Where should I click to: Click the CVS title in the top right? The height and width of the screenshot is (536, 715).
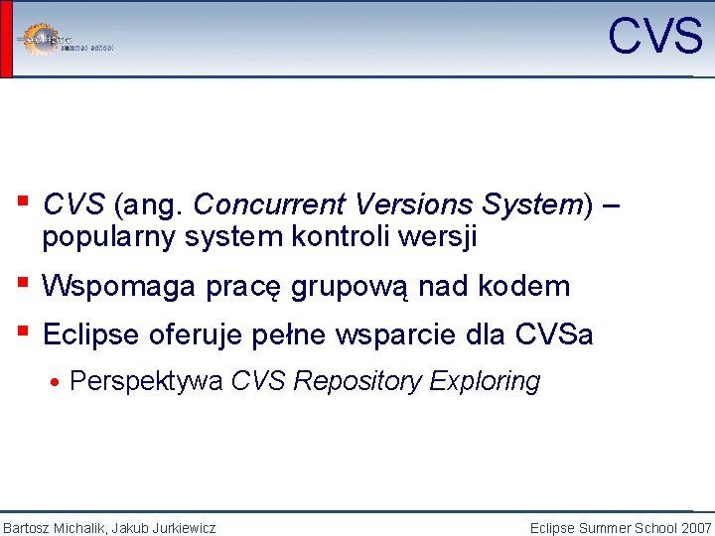pyautogui.click(x=654, y=37)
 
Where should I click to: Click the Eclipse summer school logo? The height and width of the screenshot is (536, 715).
pyautogui.click(x=66, y=40)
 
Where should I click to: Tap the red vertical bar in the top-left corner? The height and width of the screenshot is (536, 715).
pyautogui.click(x=6, y=39)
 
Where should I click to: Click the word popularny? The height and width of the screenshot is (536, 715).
pyautogui.click(x=103, y=238)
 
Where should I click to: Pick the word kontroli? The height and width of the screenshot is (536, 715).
pyautogui.click(x=355, y=238)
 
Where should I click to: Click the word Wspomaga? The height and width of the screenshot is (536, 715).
pyautogui.click(x=119, y=287)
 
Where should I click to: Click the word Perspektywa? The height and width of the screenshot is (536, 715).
pyautogui.click(x=146, y=381)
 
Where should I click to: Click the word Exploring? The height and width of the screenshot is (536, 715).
pyautogui.click(x=488, y=381)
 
